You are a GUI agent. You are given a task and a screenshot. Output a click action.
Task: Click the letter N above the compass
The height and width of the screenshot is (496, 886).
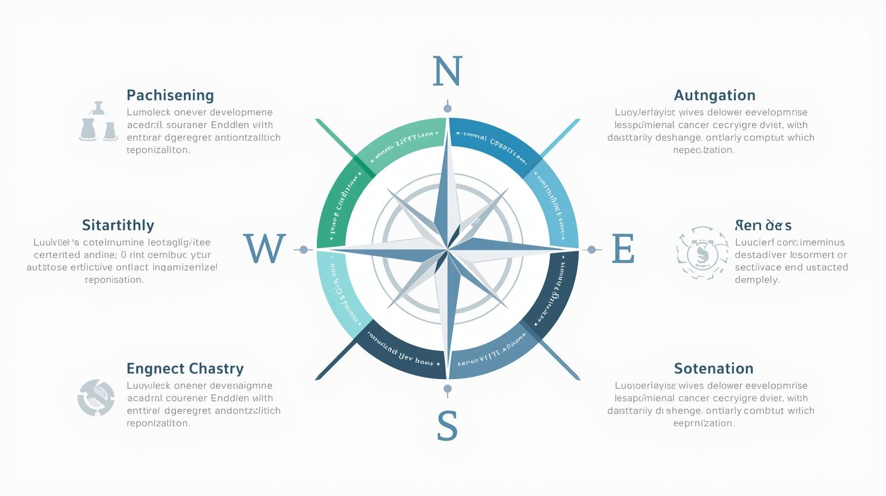(447, 71)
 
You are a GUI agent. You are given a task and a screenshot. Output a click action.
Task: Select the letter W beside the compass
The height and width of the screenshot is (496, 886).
(265, 249)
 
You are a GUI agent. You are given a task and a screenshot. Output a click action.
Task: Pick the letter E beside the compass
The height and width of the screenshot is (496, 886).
(623, 249)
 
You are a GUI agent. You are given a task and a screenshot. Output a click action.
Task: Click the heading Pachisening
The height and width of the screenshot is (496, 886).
(170, 95)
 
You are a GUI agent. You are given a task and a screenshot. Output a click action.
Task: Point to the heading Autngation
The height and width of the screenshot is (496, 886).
(714, 95)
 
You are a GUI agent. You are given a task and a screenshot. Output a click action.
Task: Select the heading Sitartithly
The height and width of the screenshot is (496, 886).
(118, 225)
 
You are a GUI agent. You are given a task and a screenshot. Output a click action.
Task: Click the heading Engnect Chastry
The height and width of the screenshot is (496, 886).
(185, 369)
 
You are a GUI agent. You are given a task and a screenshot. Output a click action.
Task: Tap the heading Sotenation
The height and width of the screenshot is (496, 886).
(713, 369)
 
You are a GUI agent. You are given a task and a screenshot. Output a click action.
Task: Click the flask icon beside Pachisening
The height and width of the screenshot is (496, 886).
(98, 122)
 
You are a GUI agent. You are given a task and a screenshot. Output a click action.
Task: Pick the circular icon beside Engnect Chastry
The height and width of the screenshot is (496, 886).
(96, 397)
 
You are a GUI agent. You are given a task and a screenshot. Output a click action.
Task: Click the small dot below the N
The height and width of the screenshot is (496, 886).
(447, 108)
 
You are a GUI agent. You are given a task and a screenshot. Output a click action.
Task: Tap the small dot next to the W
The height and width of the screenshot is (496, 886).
(303, 250)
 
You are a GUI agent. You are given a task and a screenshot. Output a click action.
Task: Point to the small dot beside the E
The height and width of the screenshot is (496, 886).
(591, 250)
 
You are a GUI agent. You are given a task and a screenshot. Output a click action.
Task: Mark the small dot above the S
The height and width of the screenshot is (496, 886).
(447, 389)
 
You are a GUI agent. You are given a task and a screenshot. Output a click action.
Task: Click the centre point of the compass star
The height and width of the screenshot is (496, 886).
(447, 249)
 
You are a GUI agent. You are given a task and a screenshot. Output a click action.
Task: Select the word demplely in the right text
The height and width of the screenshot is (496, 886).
(757, 280)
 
